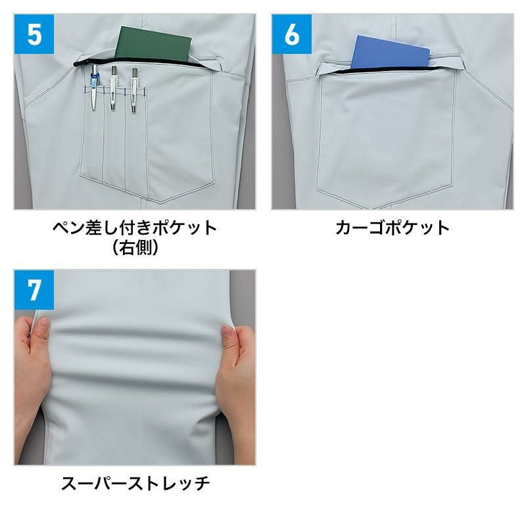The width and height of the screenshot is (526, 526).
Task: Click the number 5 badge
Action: pos(34,34)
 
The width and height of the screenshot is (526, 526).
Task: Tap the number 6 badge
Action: pos(291,34)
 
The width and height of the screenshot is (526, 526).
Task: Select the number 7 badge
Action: pos(34,290)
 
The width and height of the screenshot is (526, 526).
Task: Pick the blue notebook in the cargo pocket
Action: pos(391,52)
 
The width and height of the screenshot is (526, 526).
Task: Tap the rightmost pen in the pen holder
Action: pos(134,91)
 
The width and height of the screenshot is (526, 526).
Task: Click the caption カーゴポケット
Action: pos(392,227)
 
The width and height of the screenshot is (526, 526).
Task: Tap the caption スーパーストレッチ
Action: pos(135,483)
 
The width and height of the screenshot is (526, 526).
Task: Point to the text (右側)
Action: pos(135,247)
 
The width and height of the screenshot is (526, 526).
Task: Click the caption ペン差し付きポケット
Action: pos(135,227)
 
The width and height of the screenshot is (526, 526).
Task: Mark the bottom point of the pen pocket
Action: pos(161,203)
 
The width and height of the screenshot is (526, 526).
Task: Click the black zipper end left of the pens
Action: pos(76,64)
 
